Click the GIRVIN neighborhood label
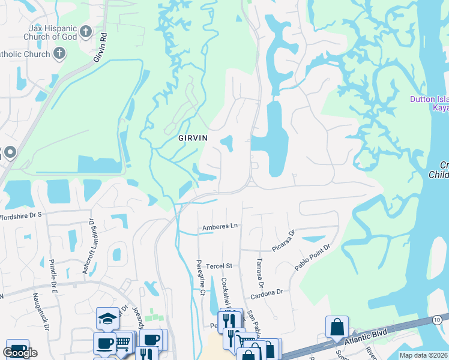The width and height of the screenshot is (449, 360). coord(193,137)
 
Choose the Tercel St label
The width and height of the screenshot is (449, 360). coord(220,265)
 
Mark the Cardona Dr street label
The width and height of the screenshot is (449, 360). coord(267,292)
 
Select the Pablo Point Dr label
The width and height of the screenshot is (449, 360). coord(312,257)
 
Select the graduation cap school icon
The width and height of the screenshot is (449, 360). coord(106,318)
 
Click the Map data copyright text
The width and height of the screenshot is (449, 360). coord(423,355)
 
